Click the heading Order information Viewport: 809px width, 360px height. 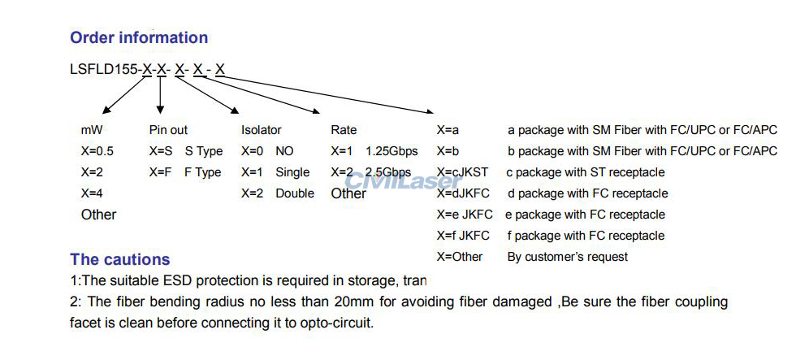139,37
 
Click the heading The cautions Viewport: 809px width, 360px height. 119,260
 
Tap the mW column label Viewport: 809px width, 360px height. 92,130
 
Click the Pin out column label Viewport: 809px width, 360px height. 168,130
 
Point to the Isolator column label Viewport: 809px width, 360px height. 262,130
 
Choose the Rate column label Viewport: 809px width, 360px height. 344,130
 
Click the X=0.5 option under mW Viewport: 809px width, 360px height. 97,151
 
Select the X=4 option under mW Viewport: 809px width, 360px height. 92,193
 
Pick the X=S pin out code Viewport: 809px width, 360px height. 161,151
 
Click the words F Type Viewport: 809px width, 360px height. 202,172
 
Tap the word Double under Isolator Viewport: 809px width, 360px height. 294,193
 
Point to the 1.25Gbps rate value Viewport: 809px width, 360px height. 392,151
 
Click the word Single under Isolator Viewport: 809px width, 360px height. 292,172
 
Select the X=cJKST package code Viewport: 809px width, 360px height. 462,172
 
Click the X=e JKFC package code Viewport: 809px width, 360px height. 463,215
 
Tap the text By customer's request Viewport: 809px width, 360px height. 568,257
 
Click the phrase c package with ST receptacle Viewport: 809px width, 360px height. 585,172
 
